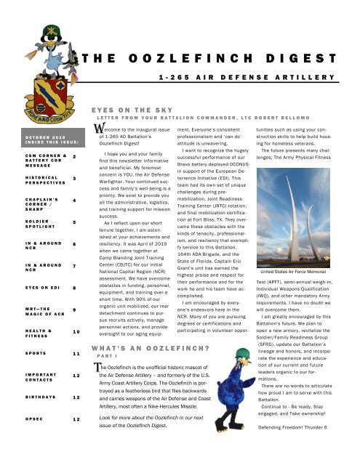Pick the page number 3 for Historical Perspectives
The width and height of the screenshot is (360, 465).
(x=74, y=179)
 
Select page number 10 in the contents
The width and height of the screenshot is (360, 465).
(x=74, y=332)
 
